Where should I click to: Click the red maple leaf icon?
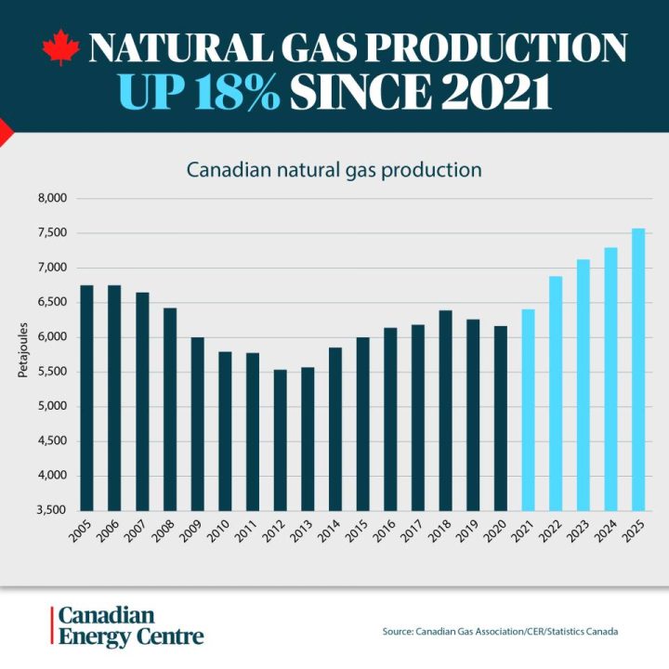[x=61, y=47]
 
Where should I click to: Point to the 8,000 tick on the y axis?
[x=52, y=198]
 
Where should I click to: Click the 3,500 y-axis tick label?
[x=52, y=510]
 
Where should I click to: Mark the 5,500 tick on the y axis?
[x=52, y=372]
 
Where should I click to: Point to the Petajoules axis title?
[x=23, y=353]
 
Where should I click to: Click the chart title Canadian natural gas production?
[x=334, y=170]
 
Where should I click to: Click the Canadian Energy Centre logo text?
[x=130, y=627]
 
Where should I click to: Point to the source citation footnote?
[x=500, y=632]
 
